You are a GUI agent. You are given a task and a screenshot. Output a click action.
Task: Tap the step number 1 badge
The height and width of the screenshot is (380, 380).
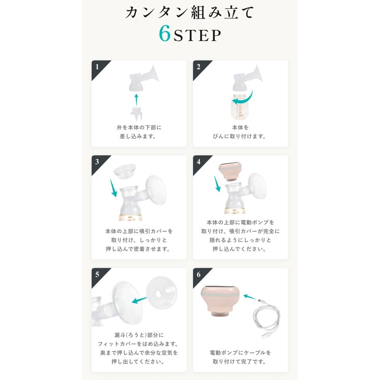(98, 67)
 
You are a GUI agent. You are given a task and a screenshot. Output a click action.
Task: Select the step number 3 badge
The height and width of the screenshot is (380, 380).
(98, 162)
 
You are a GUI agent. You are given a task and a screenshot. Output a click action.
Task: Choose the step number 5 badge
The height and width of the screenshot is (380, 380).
(98, 274)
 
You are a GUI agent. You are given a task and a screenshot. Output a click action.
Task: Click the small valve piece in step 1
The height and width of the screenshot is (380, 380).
(136, 114)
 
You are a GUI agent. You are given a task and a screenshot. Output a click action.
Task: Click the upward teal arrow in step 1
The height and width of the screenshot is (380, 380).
(136, 100)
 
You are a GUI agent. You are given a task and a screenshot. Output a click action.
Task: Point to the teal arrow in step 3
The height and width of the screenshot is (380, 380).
(113, 188)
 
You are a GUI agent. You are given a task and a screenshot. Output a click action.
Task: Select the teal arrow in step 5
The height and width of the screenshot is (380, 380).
(139, 300)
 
